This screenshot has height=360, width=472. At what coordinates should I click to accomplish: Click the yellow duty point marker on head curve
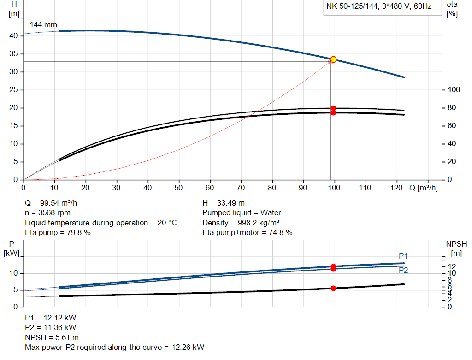[x=333, y=59]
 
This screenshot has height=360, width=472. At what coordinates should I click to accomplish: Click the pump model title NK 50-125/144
[x=379, y=6]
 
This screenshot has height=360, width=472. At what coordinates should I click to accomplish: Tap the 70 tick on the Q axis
[x=241, y=188]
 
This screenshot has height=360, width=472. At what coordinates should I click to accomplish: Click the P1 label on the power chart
[x=403, y=256]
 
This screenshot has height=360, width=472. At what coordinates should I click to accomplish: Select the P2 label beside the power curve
[x=403, y=271]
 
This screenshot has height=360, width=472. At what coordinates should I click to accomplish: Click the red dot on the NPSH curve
[x=333, y=288]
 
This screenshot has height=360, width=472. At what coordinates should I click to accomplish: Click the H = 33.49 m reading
[x=224, y=203]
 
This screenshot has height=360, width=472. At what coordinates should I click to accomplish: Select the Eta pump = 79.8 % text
[x=58, y=233]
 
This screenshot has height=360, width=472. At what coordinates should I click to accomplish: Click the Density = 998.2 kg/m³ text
[x=241, y=223]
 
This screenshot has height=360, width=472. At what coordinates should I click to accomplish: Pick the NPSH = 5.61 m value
[x=52, y=337]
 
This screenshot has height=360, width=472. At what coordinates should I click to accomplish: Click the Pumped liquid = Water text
[x=242, y=213]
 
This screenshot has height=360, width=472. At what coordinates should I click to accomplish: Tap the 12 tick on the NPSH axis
[x=452, y=266]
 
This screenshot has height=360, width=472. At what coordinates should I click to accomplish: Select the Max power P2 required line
[x=114, y=347]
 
